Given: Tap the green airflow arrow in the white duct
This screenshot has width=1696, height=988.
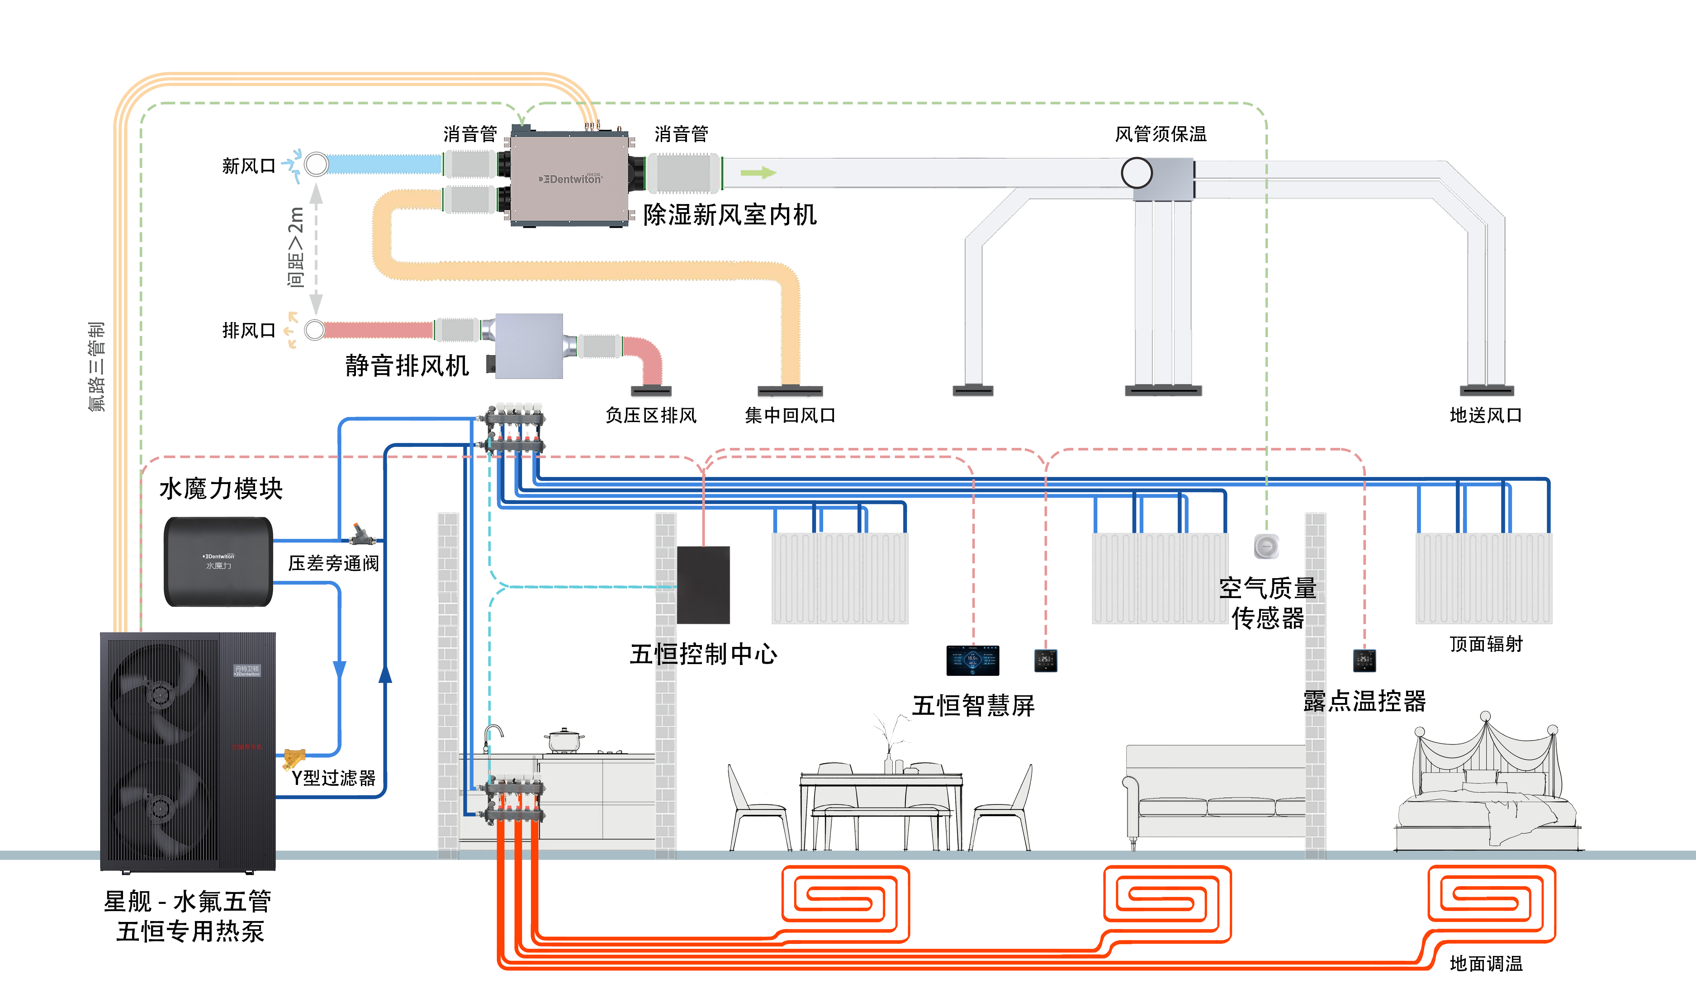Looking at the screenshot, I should (758, 173).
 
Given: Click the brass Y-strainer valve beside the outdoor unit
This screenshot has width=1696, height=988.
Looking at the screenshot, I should (293, 758).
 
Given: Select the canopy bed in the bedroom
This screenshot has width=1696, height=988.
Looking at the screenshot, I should (1486, 787).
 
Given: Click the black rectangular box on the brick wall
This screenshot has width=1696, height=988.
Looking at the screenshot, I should (703, 584).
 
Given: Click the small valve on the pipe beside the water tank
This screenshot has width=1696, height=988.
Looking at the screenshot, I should (362, 535).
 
